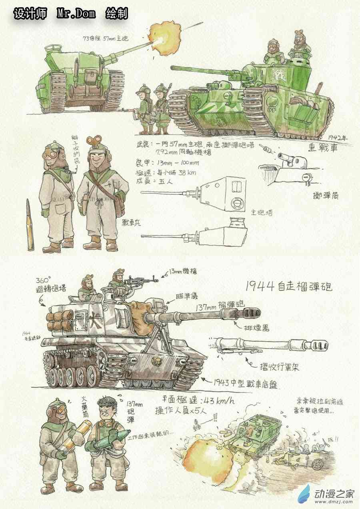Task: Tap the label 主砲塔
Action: tap(262, 213)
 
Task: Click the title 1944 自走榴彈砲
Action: tap(288, 286)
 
